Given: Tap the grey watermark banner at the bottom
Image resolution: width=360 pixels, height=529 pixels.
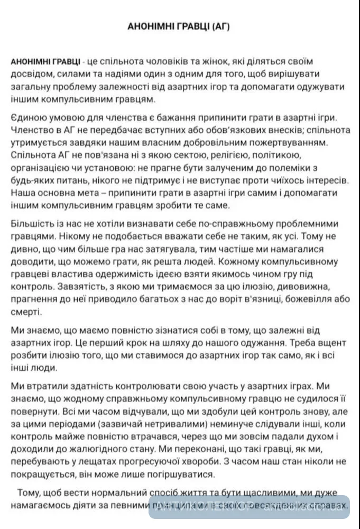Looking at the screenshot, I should [249, 506].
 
